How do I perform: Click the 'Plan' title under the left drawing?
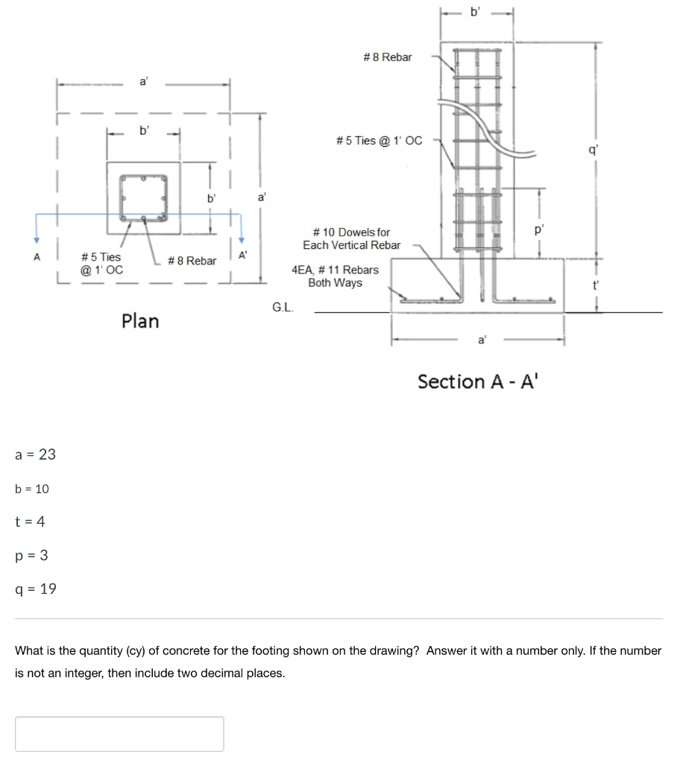click(x=140, y=321)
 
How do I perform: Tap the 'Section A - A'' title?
click(x=476, y=381)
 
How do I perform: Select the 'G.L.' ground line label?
click(x=283, y=306)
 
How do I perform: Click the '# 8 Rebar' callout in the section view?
click(x=387, y=57)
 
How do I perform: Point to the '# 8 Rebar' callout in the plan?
click(x=192, y=261)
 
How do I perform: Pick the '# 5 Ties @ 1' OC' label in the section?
click(x=379, y=140)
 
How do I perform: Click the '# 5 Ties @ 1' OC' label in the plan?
click(x=101, y=263)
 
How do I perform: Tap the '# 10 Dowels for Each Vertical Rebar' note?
click(x=351, y=238)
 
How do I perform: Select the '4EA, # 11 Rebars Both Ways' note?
click(x=336, y=276)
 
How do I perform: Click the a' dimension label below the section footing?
click(x=482, y=341)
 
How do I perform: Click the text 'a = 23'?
click(x=36, y=455)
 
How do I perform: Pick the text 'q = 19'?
click(x=36, y=589)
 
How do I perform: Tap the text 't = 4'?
click(x=30, y=522)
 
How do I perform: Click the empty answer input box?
click(x=119, y=733)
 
